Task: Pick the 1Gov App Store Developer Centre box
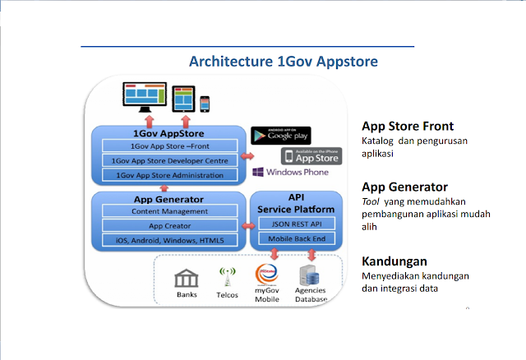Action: pyautogui.click(x=170, y=160)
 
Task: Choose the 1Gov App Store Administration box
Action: pyautogui.click(x=170, y=175)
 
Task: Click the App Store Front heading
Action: pyautogui.click(x=408, y=126)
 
